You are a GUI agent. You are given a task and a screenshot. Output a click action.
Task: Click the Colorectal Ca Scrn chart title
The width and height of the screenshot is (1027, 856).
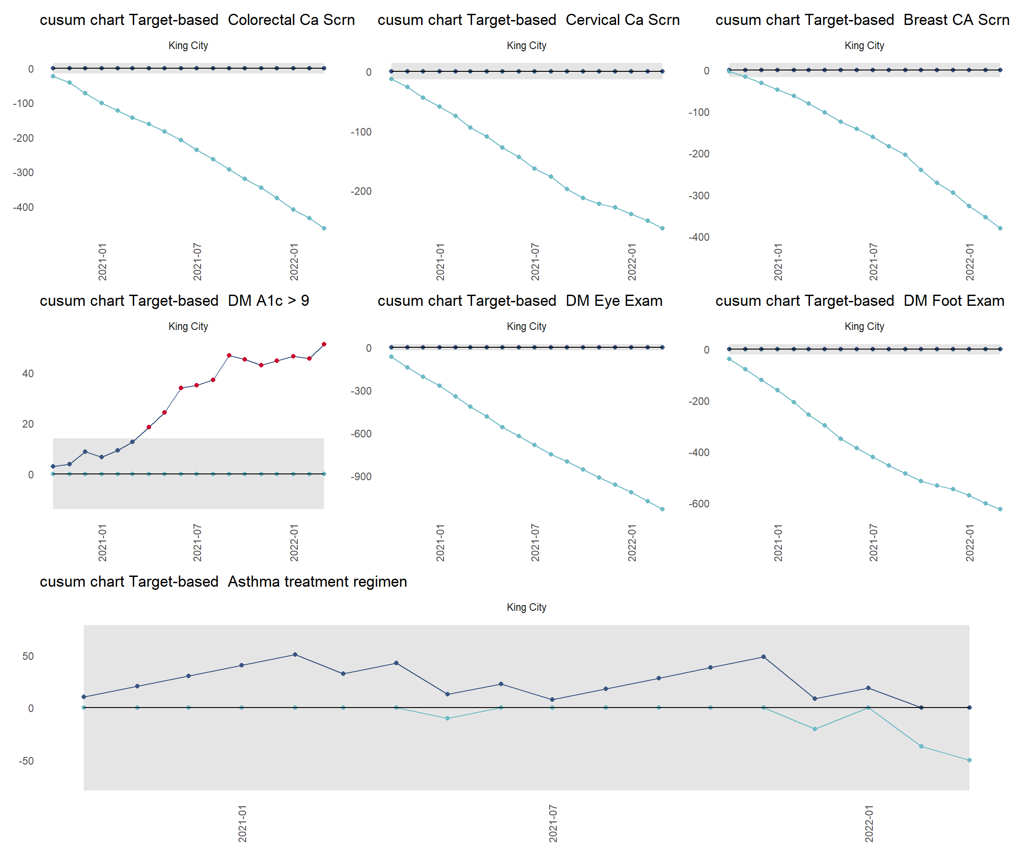pos(197,20)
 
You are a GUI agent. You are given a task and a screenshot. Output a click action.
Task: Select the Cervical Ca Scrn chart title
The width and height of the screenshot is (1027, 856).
pos(528,20)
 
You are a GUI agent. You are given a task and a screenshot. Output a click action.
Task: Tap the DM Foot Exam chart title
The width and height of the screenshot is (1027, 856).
pos(859,301)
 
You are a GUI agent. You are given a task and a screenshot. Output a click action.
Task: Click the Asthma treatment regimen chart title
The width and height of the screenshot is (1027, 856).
pos(223,582)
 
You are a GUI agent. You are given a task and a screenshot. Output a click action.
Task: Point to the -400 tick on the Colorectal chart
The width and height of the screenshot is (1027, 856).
pos(24,207)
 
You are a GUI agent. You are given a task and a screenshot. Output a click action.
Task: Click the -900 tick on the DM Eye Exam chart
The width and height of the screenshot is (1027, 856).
pos(361,477)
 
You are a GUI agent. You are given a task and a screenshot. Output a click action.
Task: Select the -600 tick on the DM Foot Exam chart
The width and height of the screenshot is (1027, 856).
pos(699,504)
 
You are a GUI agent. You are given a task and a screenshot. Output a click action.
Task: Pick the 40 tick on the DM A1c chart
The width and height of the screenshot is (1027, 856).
pos(28,374)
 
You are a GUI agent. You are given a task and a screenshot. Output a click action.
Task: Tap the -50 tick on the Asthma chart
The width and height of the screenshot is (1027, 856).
pos(26,761)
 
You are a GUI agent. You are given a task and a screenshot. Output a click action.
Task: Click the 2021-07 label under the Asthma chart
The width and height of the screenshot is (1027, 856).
pos(553,824)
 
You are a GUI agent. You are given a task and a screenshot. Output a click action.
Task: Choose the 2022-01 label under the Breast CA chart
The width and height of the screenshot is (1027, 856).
pos(970,262)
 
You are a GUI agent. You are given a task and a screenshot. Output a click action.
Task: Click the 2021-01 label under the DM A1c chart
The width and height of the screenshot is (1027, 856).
pos(102,543)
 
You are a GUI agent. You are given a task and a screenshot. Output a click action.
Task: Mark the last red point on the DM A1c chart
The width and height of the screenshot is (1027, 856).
pos(324,344)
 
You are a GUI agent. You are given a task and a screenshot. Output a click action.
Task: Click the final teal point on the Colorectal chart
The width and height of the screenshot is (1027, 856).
pos(324,228)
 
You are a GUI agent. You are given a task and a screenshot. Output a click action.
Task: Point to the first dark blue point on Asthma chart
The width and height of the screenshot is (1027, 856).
pos(84,697)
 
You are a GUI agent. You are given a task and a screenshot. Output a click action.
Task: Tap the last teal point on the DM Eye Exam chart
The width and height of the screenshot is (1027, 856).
pos(662,509)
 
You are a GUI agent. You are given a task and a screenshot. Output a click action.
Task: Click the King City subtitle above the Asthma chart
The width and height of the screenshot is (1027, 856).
pos(526,607)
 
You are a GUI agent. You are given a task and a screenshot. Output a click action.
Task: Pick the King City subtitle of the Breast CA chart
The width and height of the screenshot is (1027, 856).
pos(864,45)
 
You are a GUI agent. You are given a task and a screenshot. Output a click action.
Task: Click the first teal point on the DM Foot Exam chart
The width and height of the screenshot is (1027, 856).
pos(729,359)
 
